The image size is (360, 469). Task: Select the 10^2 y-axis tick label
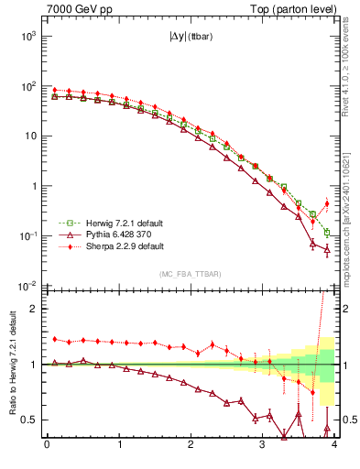click(27, 86)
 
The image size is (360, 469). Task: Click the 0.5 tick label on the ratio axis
click(30, 420)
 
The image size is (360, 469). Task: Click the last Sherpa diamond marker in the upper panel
click(327, 203)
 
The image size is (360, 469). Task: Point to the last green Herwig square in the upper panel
click(327, 233)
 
